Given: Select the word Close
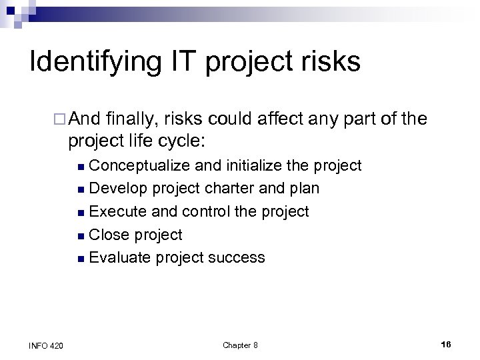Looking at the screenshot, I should [x=110, y=235].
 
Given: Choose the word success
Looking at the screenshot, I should [x=237, y=257].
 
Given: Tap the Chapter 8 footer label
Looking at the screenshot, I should [x=240, y=345].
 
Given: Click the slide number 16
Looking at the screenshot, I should [x=446, y=344].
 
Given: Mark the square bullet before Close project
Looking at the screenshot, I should [x=81, y=235].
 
